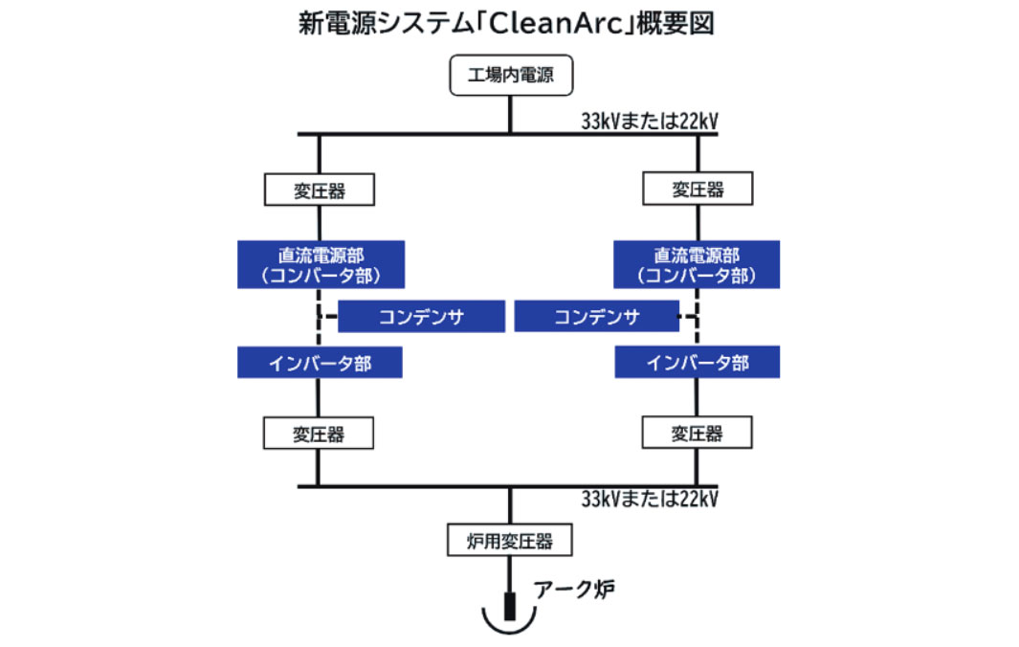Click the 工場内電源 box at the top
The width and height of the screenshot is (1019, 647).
point(510,77)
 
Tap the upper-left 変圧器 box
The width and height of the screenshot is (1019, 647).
point(320,190)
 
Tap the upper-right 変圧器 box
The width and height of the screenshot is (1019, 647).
point(698,190)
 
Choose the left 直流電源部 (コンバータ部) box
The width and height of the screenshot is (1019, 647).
point(321,265)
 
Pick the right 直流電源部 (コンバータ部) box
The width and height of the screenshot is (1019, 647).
point(698,265)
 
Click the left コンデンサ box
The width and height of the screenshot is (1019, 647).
point(422,317)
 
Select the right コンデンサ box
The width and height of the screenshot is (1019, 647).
point(597,317)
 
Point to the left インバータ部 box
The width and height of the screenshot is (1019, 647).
point(320,363)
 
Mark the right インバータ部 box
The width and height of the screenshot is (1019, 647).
point(698,363)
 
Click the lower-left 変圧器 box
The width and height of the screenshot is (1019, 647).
point(320,434)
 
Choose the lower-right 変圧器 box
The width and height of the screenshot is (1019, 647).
point(698,434)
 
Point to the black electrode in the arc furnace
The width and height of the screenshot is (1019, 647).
point(510,605)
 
